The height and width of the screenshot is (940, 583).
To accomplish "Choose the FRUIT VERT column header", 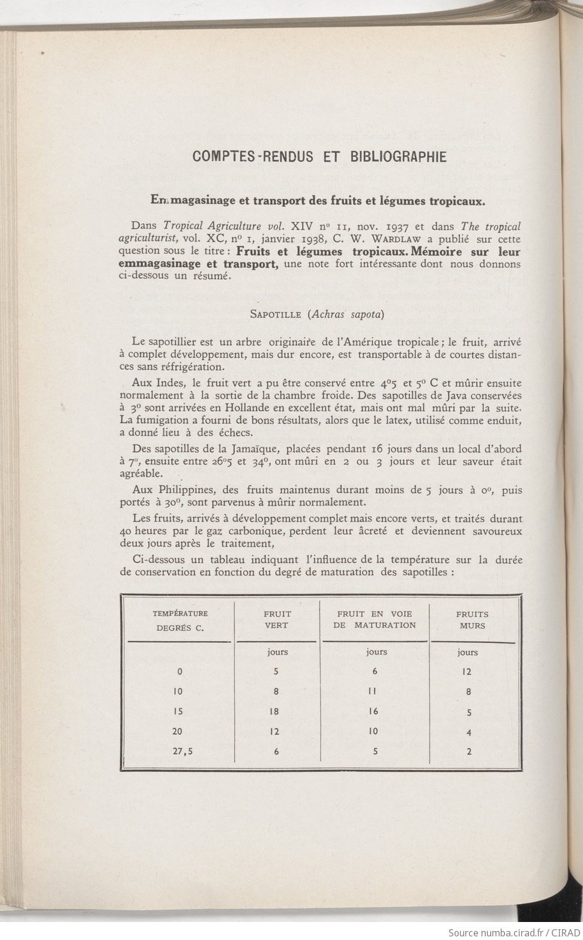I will point(277,619).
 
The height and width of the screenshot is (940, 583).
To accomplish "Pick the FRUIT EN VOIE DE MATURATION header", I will point(375,619).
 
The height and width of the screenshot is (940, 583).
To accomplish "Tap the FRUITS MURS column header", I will point(472,619).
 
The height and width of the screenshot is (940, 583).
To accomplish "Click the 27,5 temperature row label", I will point(180,751).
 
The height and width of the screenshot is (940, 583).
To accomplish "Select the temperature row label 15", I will point(178,711).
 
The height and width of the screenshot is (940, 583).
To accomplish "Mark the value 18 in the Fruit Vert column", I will point(276,711).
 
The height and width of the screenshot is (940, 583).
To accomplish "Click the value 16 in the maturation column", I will point(375,711).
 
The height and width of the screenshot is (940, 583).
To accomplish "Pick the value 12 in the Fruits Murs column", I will point(469,672).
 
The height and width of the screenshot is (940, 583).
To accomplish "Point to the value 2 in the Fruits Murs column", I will point(469,751).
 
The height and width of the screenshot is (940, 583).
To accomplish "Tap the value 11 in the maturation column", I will point(373,691).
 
